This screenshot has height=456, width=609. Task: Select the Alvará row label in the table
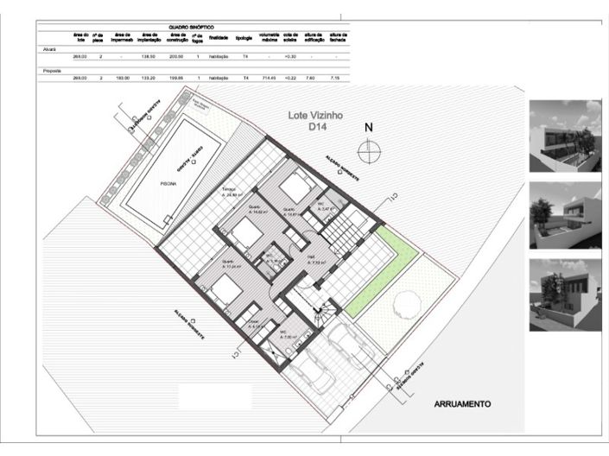click(49, 49)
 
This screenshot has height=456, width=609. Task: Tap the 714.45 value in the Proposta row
click(268, 78)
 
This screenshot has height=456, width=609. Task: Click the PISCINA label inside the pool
click(169, 183)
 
